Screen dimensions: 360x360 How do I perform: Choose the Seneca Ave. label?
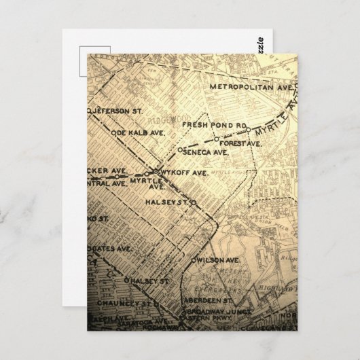(206, 153)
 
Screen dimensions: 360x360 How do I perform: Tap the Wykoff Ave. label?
(182, 173)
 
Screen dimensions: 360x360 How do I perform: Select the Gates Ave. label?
(111, 249)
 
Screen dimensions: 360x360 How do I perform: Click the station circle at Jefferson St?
(90, 109)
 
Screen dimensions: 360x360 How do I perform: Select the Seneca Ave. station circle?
(179, 149)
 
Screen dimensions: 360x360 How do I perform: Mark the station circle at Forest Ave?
(216, 139)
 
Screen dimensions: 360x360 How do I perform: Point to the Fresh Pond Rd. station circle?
(249, 129)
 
